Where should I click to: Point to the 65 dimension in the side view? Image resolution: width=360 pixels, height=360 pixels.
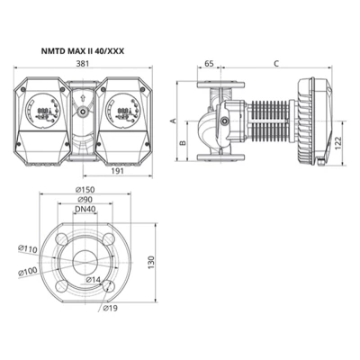209,66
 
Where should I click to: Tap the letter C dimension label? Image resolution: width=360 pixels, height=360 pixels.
274,66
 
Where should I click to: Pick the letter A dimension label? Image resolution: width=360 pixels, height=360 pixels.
173,119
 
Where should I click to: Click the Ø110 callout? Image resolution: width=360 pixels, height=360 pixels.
27,248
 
